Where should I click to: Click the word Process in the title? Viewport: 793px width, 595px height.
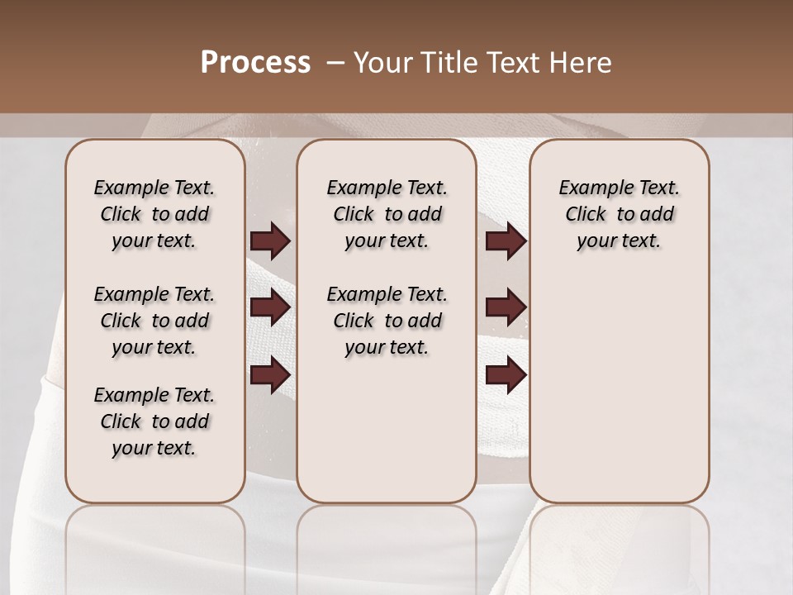255,63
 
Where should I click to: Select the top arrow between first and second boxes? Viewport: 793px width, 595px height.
270,241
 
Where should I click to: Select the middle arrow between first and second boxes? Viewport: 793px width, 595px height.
270,307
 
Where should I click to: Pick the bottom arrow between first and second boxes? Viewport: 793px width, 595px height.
270,375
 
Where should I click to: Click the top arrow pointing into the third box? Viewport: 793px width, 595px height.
506,241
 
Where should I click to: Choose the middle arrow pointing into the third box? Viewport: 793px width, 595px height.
506,307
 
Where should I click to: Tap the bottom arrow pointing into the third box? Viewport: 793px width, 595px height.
506,375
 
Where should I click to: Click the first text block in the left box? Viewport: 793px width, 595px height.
154,214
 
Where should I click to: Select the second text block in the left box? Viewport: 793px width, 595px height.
154,321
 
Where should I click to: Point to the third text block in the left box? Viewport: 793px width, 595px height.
154,421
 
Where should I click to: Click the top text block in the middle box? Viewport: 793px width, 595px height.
387,214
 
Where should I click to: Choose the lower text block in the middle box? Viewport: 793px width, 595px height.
387,321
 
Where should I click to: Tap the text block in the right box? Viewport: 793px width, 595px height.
619,214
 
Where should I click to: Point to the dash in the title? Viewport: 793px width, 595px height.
335,63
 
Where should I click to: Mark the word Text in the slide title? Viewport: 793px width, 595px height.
515,63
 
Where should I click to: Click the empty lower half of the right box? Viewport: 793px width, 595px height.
619,397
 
